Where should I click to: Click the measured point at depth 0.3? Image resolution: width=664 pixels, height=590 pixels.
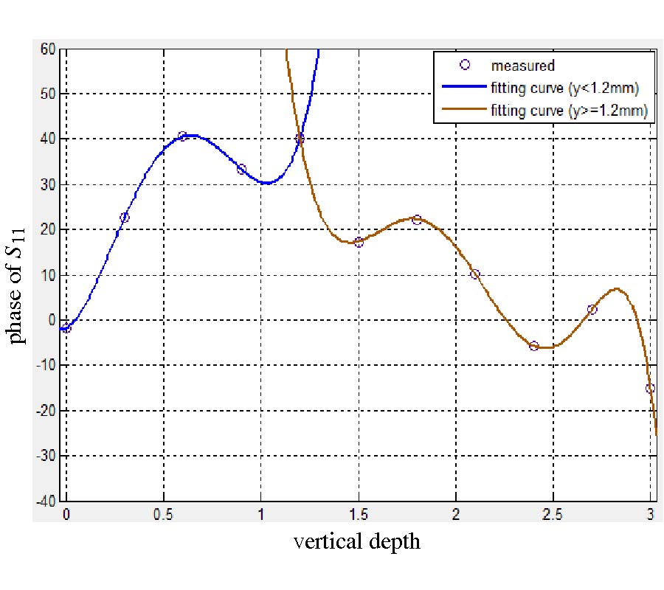click(x=124, y=218)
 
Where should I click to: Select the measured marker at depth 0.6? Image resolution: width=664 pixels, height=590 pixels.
click(x=182, y=136)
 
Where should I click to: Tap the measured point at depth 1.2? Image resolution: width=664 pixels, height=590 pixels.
click(x=300, y=138)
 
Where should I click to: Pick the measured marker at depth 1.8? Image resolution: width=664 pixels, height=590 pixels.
click(x=417, y=220)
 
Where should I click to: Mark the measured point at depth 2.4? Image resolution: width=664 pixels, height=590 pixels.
click(x=533, y=345)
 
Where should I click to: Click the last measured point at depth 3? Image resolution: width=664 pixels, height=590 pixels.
click(x=650, y=388)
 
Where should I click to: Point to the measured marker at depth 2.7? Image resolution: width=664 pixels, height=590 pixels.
click(x=592, y=310)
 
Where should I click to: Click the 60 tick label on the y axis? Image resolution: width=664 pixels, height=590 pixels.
click(x=49, y=49)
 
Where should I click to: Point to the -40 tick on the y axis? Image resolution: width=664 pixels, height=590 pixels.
click(x=46, y=502)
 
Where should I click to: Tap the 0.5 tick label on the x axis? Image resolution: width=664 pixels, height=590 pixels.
click(x=163, y=514)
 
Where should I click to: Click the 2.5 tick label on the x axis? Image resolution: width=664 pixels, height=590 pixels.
click(x=553, y=514)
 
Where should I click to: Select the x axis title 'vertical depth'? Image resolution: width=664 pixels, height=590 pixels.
click(x=357, y=541)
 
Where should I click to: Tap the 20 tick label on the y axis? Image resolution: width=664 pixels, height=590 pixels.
click(x=49, y=230)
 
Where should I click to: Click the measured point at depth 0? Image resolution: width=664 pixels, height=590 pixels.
click(x=66, y=328)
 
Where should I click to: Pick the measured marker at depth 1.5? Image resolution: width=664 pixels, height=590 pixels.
click(x=359, y=242)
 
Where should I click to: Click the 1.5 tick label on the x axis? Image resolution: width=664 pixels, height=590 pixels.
click(x=358, y=514)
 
